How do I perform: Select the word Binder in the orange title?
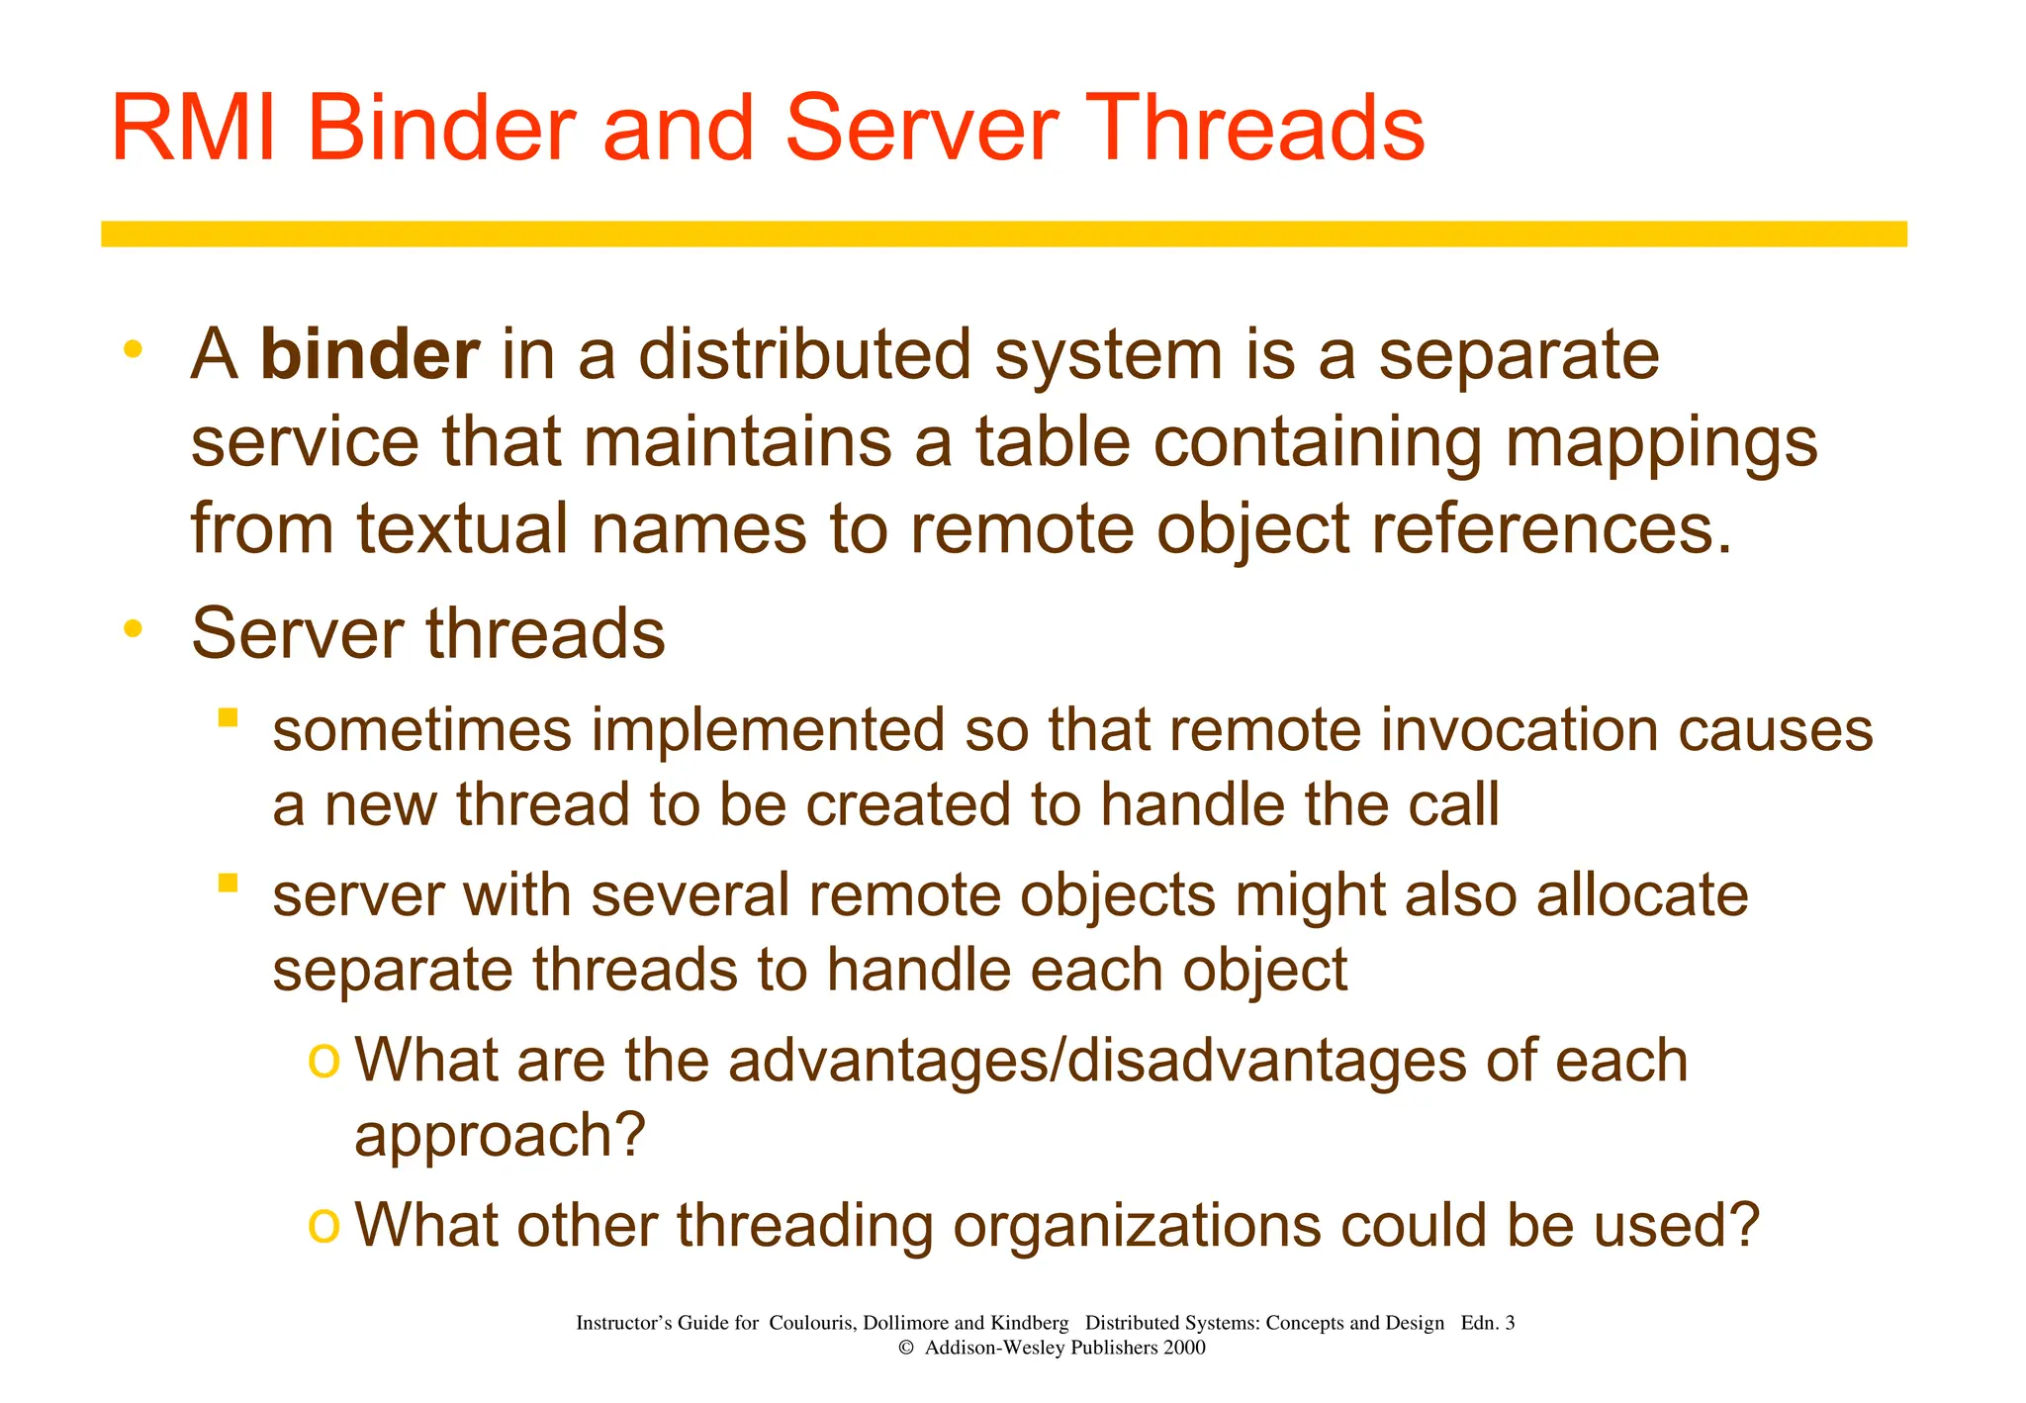441,129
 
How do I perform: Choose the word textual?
464,528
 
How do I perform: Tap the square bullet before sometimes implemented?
229,717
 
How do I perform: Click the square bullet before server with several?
229,883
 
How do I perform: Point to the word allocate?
1642,894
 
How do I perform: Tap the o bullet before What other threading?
323,1225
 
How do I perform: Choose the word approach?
500,1136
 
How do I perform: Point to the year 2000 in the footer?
1185,1348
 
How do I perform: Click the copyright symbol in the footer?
905,1348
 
